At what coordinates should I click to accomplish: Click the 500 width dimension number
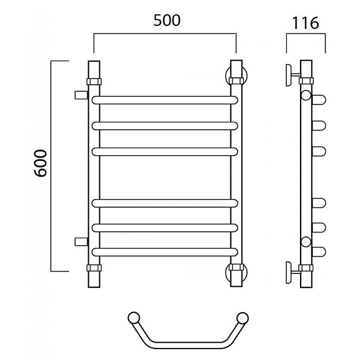tap(167, 20)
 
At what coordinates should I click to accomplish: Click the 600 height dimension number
tap(40, 163)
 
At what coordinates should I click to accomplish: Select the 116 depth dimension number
tap(305, 23)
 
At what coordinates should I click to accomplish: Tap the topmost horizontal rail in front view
tap(164, 100)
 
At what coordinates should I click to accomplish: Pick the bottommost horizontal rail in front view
tap(164, 252)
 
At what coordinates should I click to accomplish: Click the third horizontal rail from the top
tap(164, 152)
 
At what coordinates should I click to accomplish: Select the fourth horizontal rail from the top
tap(164, 203)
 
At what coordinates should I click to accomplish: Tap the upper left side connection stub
tap(81, 95)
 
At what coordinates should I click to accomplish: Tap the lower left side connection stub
tap(81, 242)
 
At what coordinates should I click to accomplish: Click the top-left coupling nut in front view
tap(94, 81)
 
